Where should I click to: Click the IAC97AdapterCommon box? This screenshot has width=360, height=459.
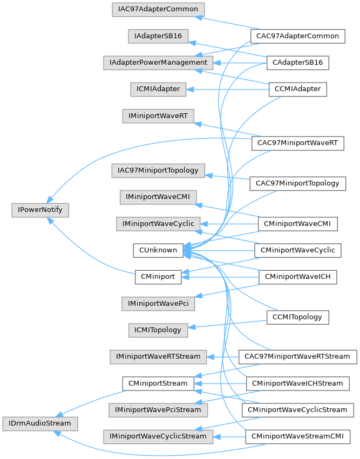click(158, 10)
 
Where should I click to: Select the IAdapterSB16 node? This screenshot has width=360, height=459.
click(158, 36)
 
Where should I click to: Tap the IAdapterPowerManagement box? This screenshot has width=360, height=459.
click(159, 63)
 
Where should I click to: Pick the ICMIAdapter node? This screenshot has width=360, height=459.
click(158, 89)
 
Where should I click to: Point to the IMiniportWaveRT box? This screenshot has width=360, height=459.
click(158, 115)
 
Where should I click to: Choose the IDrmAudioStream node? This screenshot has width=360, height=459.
click(40, 423)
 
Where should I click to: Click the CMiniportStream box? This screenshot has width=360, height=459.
click(158, 383)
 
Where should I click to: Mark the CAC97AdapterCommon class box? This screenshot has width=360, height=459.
click(297, 36)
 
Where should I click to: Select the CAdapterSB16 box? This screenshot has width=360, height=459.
click(298, 63)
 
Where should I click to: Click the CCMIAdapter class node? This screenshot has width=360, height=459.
click(298, 89)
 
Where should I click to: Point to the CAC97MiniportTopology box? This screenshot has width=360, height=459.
click(297, 183)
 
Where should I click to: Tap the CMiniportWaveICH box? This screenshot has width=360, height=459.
click(298, 277)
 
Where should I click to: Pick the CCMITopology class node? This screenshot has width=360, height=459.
click(297, 317)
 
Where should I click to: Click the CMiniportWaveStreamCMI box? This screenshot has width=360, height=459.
click(297, 436)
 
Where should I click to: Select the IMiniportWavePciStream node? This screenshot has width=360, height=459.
click(159, 410)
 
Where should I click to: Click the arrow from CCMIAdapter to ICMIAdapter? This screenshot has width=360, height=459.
click(227, 89)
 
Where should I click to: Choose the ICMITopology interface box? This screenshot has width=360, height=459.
click(158, 330)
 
